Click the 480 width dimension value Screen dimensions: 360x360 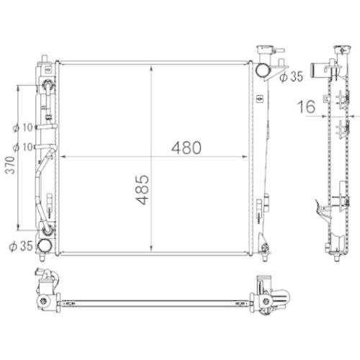186,148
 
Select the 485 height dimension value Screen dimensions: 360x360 143,190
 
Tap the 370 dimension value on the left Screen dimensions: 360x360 10,165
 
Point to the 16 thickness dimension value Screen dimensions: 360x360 307,107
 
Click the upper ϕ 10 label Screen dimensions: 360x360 23,127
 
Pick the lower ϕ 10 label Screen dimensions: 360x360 23,147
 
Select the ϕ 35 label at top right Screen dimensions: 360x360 292,76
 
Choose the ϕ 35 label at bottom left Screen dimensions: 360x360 21,246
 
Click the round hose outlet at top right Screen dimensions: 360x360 263,70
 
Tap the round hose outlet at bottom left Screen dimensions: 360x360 45,245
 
